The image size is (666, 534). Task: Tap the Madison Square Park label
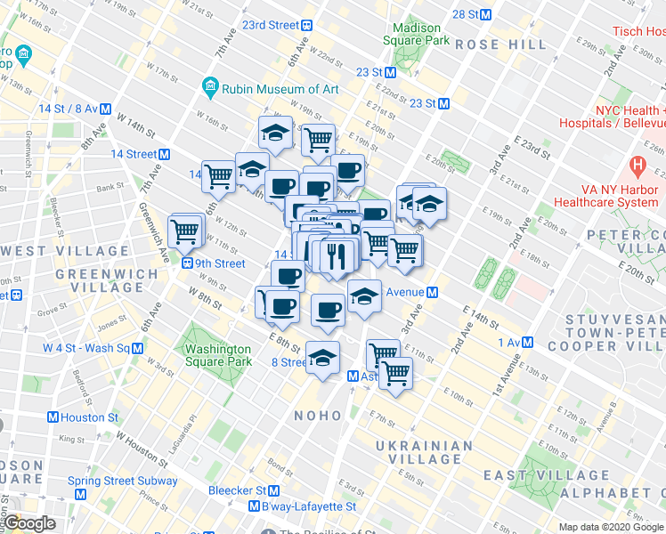click(412, 34)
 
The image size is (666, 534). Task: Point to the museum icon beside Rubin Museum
click(211, 88)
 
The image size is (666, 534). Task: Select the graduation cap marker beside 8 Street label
click(321, 358)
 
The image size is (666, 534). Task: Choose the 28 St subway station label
click(472, 14)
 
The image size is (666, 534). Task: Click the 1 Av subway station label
click(516, 342)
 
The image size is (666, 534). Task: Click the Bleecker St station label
click(244, 489)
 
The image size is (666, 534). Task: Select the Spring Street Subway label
click(123, 481)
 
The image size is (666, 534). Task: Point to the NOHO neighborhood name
click(318, 416)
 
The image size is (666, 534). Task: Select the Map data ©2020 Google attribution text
click(610, 527)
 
